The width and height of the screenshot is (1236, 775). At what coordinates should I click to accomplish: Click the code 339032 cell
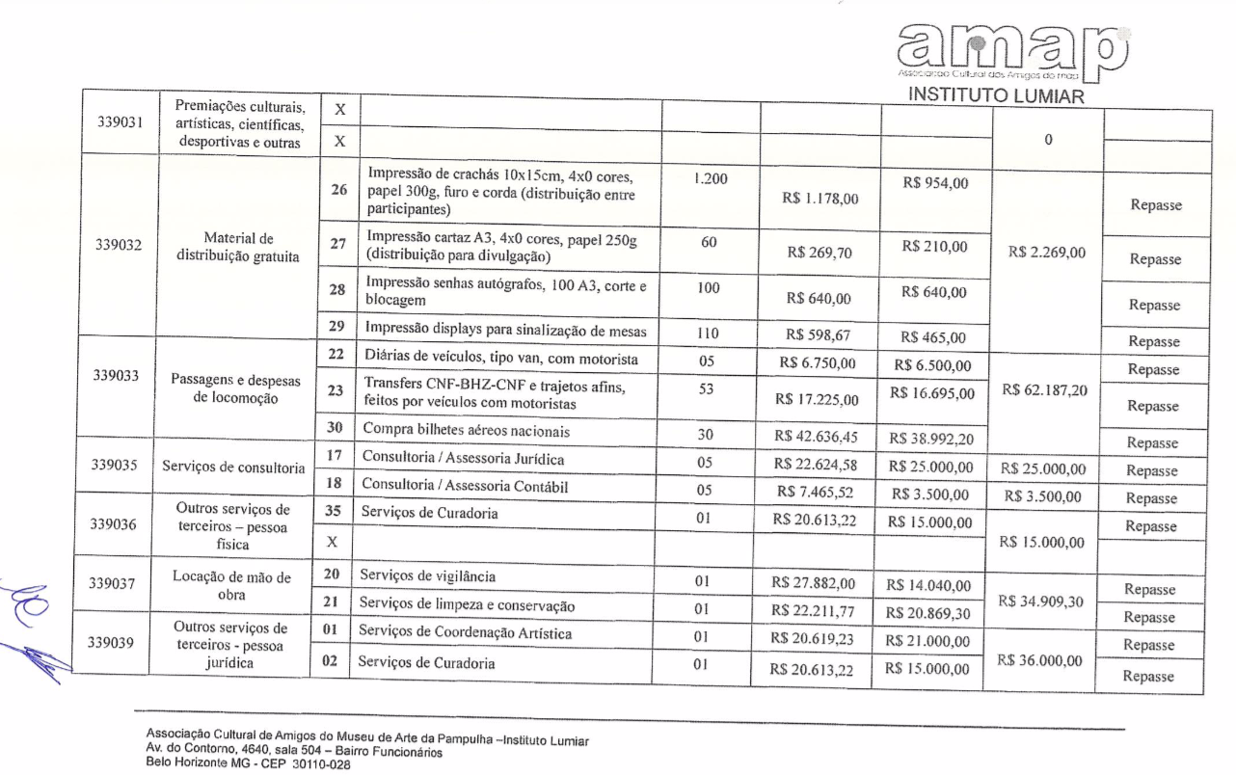pos(119,244)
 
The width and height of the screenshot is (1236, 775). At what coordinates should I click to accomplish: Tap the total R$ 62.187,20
pos(1044,389)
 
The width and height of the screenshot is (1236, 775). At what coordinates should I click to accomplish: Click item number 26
pos(338,190)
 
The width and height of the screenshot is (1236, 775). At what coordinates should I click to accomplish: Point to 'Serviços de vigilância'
pos(428,575)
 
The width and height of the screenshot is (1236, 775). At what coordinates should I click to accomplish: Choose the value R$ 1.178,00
pos(821,199)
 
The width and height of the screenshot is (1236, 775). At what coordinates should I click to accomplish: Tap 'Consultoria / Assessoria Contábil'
pos(466,486)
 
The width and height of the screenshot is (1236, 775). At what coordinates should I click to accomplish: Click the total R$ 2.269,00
pos(1046,253)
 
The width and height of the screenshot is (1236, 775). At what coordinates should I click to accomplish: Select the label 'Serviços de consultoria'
pos(232,467)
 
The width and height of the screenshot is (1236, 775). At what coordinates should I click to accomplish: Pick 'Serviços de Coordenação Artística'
pos(465,633)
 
